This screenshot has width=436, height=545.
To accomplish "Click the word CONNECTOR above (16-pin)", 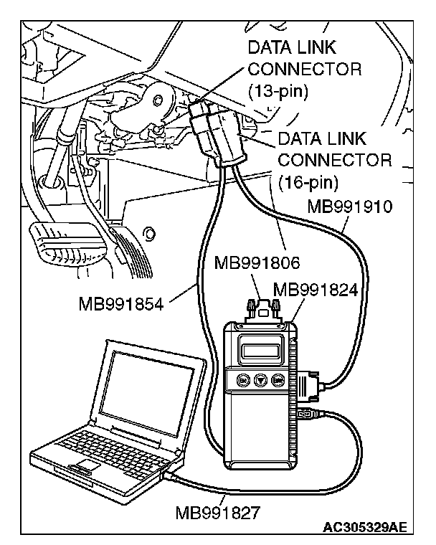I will [335, 158].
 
